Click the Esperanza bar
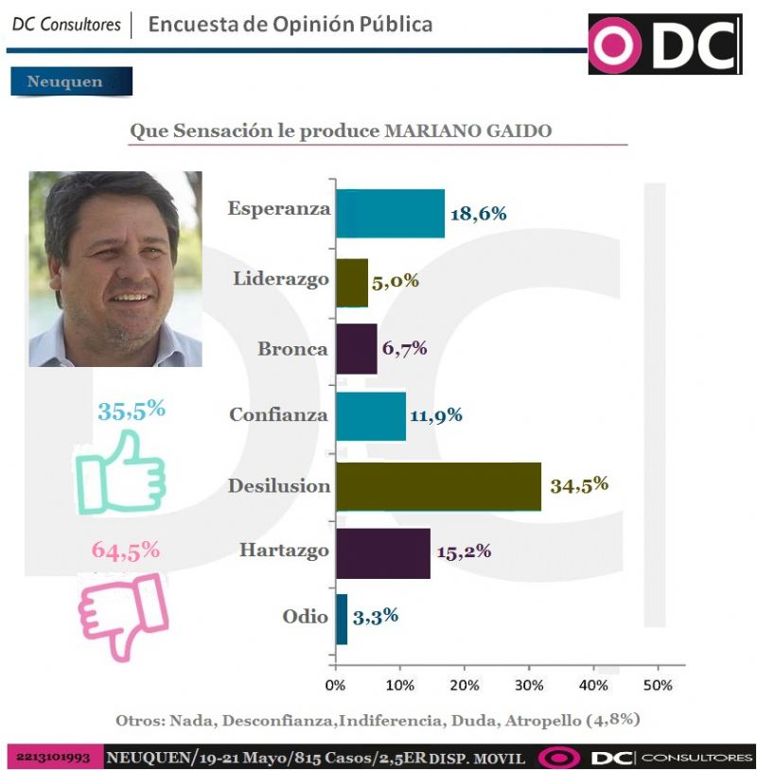[x=390, y=213]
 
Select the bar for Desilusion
[x=438, y=486]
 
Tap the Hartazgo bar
[x=382, y=553]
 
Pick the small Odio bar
[x=342, y=619]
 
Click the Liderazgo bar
[x=352, y=282]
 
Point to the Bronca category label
[x=292, y=349]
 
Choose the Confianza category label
[x=278, y=415]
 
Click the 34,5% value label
[x=579, y=485]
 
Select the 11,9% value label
[x=435, y=415]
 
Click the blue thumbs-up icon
[x=120, y=472]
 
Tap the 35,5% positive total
[x=132, y=411]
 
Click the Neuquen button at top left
[x=70, y=81]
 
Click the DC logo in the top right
[x=664, y=44]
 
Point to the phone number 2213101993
[x=53, y=758]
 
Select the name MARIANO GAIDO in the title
[x=468, y=131]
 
